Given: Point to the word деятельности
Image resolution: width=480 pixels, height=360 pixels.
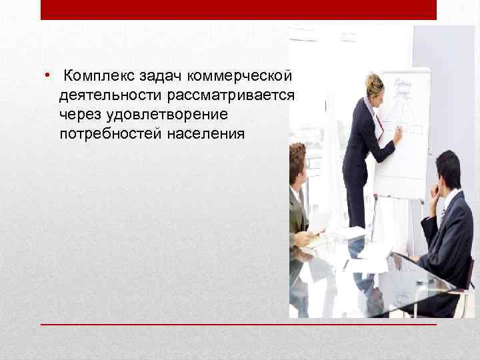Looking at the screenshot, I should coord(106,96).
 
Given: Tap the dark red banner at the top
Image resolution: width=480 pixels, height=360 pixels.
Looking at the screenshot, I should coord(238,9).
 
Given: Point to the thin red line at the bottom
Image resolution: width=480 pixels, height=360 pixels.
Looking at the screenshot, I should coord(238,324).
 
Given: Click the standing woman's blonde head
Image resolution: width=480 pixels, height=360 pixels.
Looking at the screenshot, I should coord(374,85).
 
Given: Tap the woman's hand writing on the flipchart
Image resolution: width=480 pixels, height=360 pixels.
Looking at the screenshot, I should coord(397,134).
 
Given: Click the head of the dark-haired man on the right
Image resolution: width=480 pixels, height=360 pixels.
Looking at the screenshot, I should coord(447,169).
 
